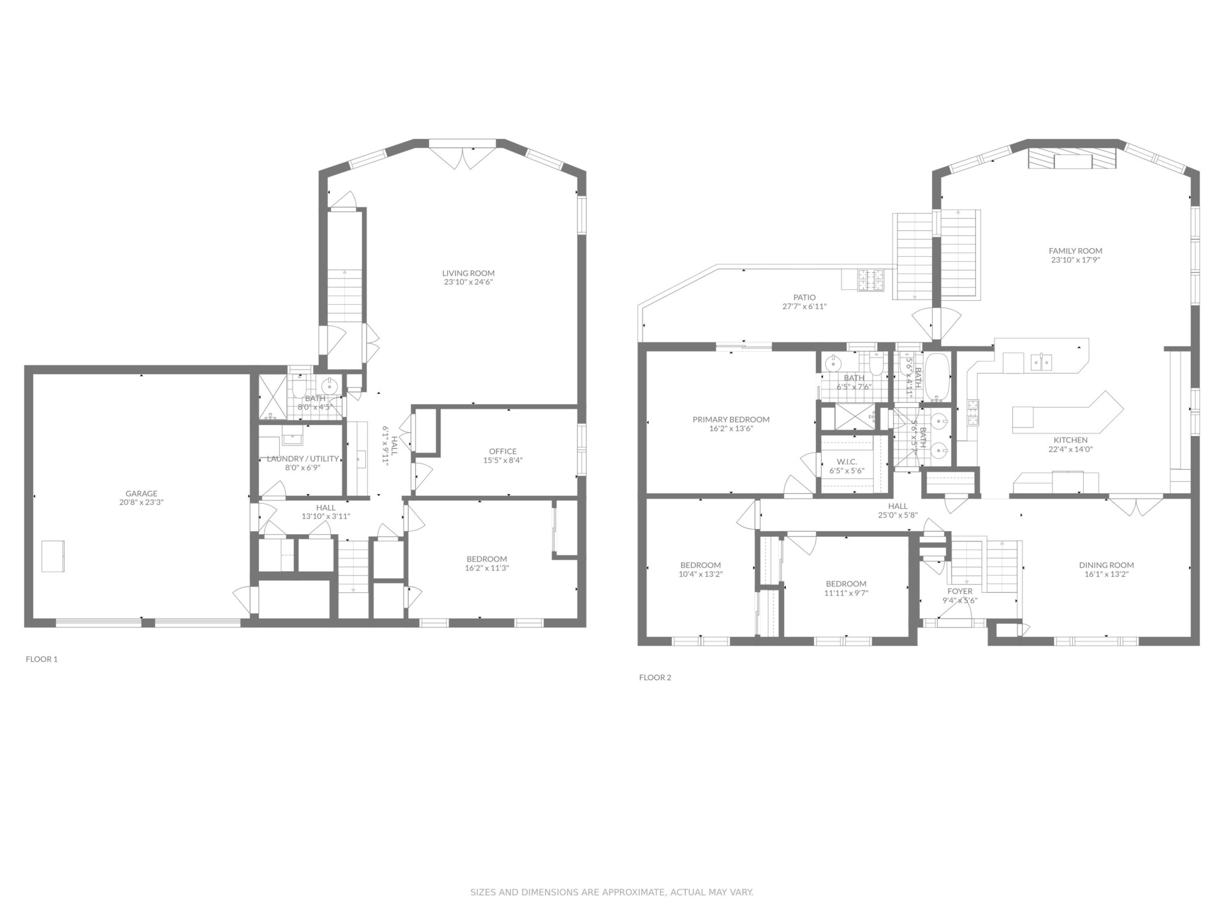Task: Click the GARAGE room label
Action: pos(142,493)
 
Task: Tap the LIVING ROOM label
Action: pos(469,273)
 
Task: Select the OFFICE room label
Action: pos(503,451)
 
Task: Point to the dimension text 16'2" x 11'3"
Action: pos(487,568)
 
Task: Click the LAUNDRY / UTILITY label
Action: pos(303,458)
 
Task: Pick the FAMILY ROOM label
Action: pos(1075,251)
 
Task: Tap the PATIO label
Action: pos(805,297)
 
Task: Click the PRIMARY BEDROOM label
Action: pos(731,419)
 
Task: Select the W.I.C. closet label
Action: pos(847,462)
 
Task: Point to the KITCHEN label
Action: pos(1070,440)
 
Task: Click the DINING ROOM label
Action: pos(1107,565)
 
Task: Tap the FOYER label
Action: pos(960,591)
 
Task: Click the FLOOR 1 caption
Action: pos(41,659)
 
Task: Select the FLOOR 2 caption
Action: pos(655,678)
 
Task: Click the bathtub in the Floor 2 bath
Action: pos(937,377)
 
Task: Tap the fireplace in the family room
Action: pos(1073,159)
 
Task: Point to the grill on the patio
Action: pos(870,280)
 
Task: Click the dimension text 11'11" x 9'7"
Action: pos(847,593)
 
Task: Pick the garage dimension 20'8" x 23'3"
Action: pos(142,502)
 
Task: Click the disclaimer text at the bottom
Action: pos(612,892)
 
